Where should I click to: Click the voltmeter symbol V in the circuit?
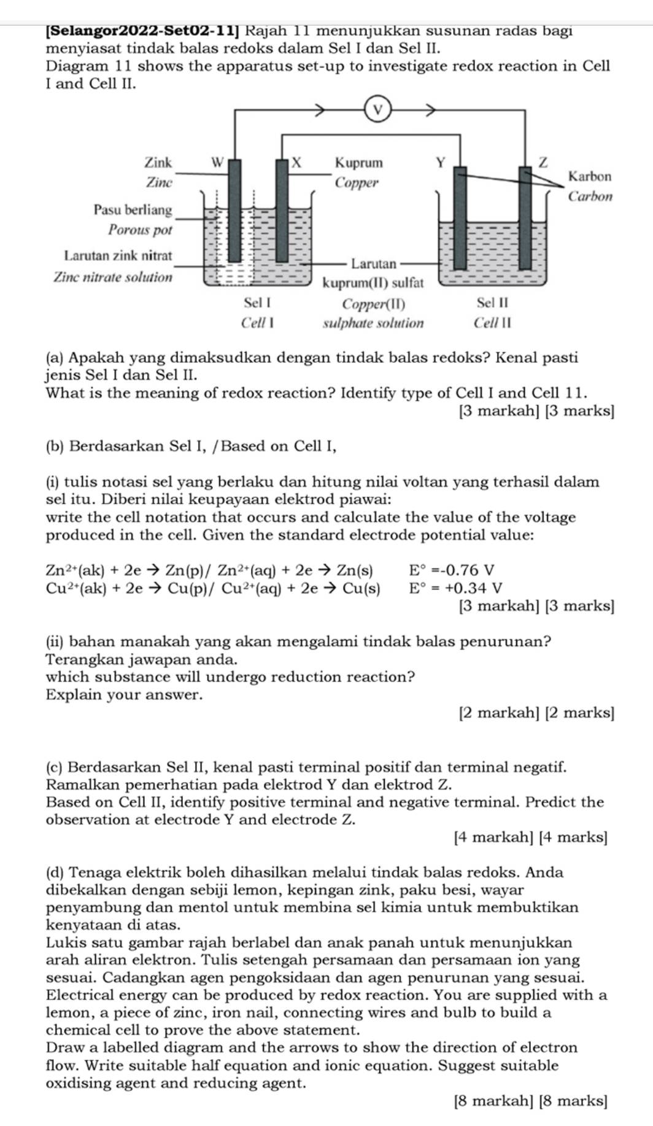coord(378,110)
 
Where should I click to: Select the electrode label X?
coord(297,163)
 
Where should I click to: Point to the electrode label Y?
coord(440,163)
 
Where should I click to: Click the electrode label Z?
coord(542,162)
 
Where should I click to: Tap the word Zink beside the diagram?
coord(158,163)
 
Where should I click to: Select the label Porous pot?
coord(140,230)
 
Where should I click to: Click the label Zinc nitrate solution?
coord(113,277)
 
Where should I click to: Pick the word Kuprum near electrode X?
coord(358,163)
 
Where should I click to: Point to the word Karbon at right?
coord(590,177)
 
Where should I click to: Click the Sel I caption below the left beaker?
coord(257,303)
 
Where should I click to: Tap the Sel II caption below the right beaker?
coord(493,303)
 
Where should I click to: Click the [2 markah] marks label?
coord(498,713)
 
